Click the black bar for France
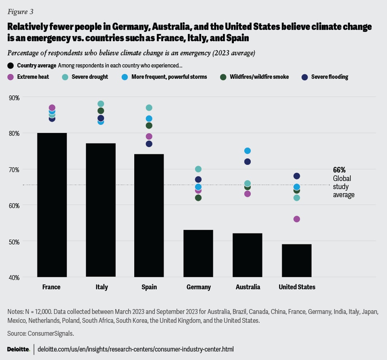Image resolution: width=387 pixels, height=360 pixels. click(x=52, y=205)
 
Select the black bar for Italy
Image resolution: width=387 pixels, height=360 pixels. click(x=101, y=210)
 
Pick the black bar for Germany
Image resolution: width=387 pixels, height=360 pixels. click(x=198, y=253)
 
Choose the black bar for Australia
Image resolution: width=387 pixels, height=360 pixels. click(x=248, y=255)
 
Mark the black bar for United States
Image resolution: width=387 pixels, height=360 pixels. click(x=297, y=260)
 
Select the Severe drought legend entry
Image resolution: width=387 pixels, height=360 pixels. click(x=85, y=77)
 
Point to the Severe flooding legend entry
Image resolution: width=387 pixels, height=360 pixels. click(x=325, y=77)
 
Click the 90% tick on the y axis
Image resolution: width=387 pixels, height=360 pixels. click(x=15, y=97)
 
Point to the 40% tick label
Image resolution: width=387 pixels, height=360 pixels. click(x=15, y=277)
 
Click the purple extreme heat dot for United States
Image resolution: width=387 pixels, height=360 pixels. click(x=297, y=219)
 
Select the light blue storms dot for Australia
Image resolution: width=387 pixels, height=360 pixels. click(x=248, y=151)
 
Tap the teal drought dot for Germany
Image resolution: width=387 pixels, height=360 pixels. click(x=198, y=169)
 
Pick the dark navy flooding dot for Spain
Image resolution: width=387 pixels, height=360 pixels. click(x=149, y=144)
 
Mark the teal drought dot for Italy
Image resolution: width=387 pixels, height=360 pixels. click(x=101, y=104)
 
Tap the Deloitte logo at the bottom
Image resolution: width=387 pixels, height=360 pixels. click(x=18, y=349)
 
